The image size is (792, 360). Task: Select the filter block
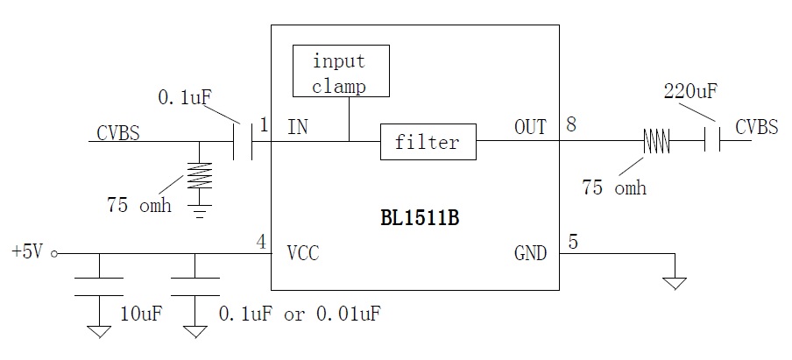click(428, 142)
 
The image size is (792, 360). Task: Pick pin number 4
click(262, 240)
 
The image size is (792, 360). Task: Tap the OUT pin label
click(530, 128)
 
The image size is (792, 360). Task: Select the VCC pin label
click(303, 254)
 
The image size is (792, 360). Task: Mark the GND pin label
click(530, 254)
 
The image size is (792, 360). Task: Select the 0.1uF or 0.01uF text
click(300, 313)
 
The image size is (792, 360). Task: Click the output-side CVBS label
click(756, 128)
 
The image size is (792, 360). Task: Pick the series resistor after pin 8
click(658, 141)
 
